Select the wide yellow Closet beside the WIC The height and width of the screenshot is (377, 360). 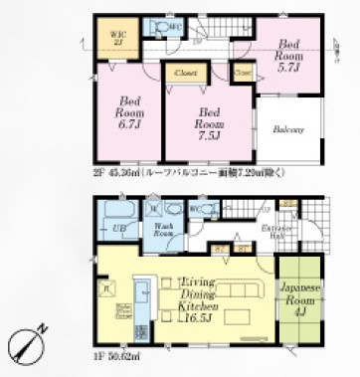pyautogui.click(x=185, y=73)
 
